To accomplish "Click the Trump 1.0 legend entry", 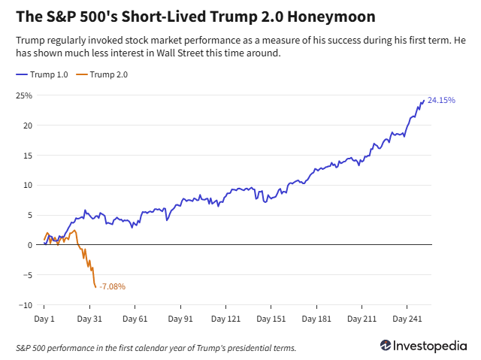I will pos(47,74).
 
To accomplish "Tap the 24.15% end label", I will pos(441,100).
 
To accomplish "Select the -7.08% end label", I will pos(112,286).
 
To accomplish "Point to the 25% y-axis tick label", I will pos(25,95).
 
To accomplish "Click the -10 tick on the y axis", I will pos(25,305).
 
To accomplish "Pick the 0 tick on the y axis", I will pos(30,245).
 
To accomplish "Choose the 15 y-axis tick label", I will pos(27,156).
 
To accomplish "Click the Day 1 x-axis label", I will pos(44,319).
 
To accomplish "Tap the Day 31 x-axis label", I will pos(90,319).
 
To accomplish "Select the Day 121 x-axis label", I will pos(226,319).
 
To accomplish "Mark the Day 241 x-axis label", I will pos(408,319).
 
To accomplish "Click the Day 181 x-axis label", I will pos(317,319).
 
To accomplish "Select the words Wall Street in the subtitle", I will pos(230,53).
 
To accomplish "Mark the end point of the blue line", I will pos(424,100).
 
